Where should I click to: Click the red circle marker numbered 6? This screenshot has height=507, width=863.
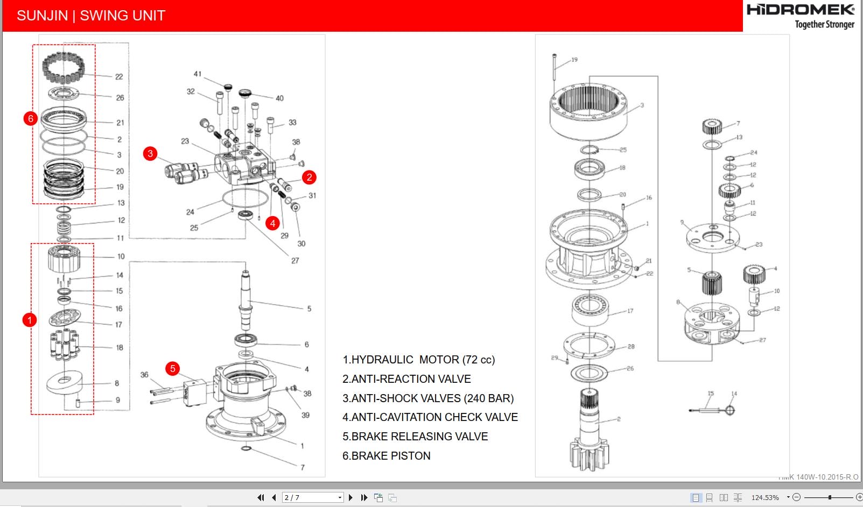(31, 118)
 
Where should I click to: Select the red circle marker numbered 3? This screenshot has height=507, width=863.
(150, 154)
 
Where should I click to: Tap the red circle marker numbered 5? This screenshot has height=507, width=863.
(172, 369)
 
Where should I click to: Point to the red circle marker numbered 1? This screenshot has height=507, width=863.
(30, 320)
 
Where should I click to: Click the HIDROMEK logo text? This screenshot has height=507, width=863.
(800, 10)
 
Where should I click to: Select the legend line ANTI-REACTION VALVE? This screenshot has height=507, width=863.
(406, 379)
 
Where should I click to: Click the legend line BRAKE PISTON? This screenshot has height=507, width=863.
(387, 456)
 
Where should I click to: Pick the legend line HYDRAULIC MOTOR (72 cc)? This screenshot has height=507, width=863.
(418, 360)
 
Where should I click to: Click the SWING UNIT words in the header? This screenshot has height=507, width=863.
(123, 16)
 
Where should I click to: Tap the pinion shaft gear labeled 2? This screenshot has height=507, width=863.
(590, 430)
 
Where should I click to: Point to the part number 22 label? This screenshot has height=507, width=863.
(119, 77)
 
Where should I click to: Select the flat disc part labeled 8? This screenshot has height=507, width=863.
(64, 382)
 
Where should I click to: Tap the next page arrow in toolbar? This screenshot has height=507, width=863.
(350, 498)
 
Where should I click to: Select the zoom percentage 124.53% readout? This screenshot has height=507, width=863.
(765, 498)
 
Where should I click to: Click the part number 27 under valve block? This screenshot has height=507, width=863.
(295, 261)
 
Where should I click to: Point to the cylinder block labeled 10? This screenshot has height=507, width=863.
(64, 259)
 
